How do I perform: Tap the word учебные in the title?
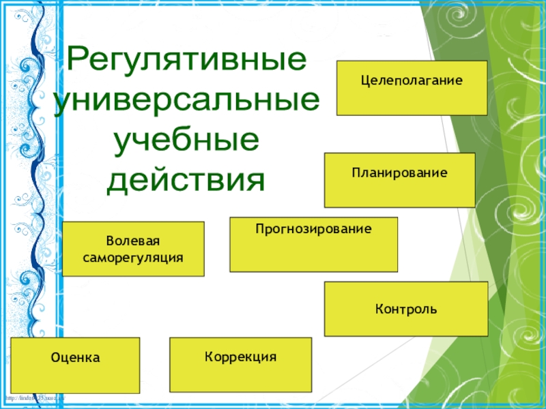coord(186,141)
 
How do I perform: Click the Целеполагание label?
coord(412,80)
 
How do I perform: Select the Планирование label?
coord(399,173)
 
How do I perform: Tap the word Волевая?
coord(133,242)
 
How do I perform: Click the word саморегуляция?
coord(133,258)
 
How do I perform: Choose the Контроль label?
coord(405,309)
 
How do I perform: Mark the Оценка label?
coord(75,357)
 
